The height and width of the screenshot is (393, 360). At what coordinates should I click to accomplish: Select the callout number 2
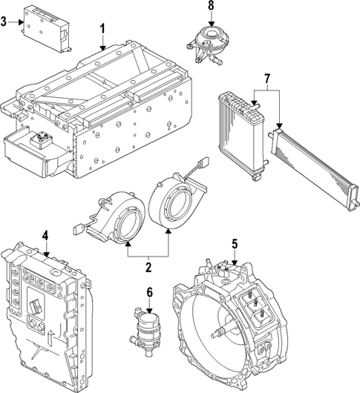point(148,267)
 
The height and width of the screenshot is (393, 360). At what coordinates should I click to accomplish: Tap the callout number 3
point(4,23)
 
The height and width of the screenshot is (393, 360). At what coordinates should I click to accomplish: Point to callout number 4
point(45,236)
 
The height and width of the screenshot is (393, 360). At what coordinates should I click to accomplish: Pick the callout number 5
point(234,242)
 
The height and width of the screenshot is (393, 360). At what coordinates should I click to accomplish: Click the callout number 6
point(148,292)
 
